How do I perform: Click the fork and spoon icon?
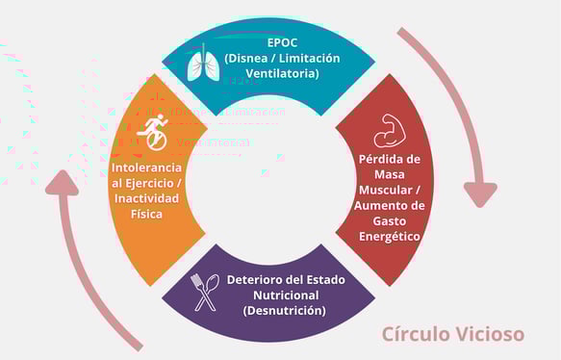[x=207, y=292]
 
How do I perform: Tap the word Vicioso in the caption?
[x=490, y=334]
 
